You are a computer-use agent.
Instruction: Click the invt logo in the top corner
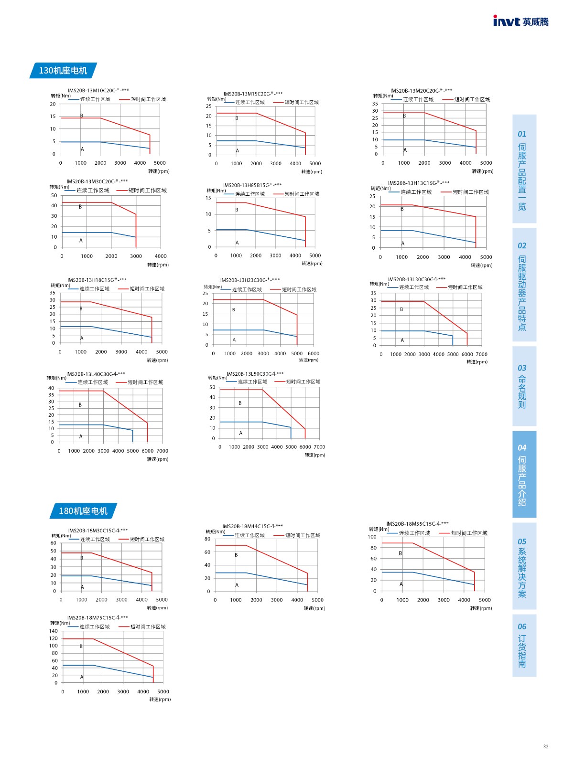520,21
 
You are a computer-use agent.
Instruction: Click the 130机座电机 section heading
63,71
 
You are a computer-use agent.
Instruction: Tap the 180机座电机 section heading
83,511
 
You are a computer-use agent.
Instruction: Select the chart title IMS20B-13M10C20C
98,90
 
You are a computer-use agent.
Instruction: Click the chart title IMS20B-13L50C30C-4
255,374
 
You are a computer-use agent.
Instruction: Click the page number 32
546,746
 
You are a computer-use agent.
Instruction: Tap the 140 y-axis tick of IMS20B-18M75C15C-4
54,631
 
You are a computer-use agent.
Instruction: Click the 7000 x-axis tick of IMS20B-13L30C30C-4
481,354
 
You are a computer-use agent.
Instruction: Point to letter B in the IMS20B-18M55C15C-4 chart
401,553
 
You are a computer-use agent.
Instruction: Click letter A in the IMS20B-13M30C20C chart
81,241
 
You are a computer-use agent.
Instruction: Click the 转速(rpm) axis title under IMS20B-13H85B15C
312,264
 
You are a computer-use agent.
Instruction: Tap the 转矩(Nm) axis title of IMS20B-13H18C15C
60,286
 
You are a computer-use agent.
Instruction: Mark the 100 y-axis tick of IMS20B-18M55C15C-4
372,537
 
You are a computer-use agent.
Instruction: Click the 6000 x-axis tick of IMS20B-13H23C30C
314,354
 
